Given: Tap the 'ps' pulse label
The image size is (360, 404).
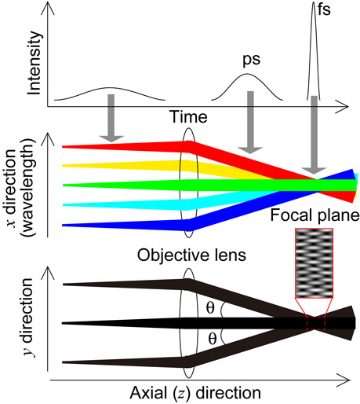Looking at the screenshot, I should click(249, 59).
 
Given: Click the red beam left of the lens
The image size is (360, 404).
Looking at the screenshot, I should click(118, 147).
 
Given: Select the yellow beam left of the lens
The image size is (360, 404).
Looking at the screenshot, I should click(118, 166).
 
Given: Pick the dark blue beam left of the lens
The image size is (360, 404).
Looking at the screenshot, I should click(118, 225).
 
